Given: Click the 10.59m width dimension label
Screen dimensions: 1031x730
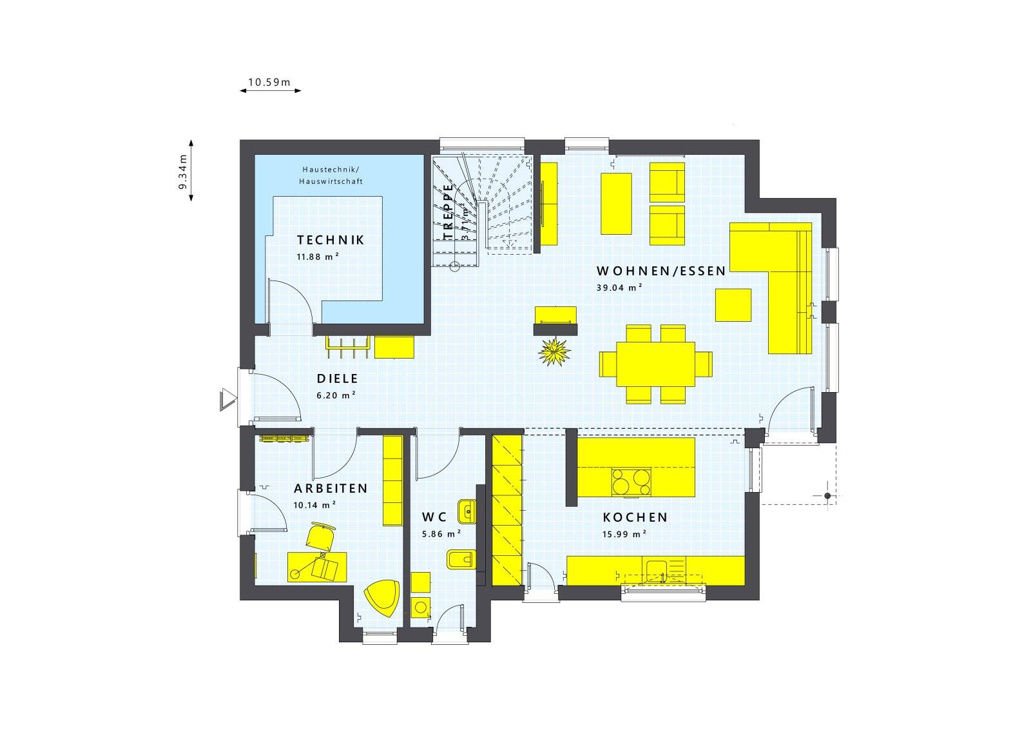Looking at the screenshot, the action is point(269,83).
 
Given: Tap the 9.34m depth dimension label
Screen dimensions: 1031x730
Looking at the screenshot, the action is point(183,172).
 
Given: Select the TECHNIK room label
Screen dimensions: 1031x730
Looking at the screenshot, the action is point(331,240).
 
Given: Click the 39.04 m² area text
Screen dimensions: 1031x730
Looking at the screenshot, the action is point(619,288).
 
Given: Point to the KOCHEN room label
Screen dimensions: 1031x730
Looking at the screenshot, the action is point(635,518).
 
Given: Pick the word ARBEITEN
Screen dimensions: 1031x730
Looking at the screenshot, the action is point(331,488).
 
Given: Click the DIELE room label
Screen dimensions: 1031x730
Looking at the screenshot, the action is point(338,379).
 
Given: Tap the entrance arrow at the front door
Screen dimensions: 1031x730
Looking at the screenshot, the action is point(228,399).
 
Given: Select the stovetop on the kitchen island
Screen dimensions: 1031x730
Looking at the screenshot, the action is point(631,482).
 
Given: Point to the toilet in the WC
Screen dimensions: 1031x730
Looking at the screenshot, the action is point(461,560).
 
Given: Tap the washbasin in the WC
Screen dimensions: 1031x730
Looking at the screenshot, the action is point(467,511).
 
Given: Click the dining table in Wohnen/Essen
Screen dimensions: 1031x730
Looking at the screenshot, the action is point(655,364).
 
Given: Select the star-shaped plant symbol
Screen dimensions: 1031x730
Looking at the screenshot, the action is point(555,351).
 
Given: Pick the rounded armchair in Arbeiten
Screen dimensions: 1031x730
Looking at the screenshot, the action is point(382,597).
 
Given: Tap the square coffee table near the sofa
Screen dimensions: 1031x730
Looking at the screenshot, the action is point(733,305).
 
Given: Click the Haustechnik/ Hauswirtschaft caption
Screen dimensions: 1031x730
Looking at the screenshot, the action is point(331,175).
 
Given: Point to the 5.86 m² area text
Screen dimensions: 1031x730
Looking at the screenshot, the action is point(441,534).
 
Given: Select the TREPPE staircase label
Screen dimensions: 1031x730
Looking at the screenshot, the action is point(448,212).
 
